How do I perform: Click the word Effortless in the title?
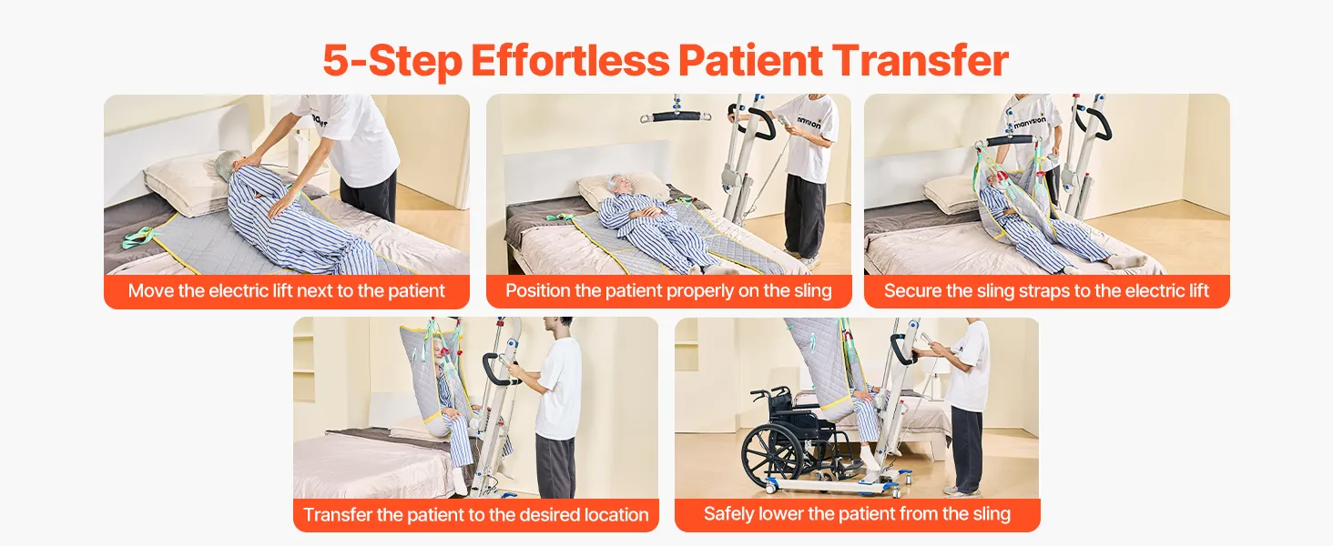pos(571,60)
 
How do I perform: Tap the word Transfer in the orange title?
pos(920,60)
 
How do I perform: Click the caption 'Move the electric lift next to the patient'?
pos(286,291)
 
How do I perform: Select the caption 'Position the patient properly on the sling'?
pos(668,291)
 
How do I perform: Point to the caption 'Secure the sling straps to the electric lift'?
pos(1046,291)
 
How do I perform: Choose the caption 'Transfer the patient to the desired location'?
pos(475,514)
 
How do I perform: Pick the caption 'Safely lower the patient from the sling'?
pos(857,514)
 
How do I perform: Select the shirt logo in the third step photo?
pos(1030,123)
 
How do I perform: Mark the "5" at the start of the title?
pos(336,60)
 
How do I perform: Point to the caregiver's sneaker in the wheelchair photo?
pos(961,490)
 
